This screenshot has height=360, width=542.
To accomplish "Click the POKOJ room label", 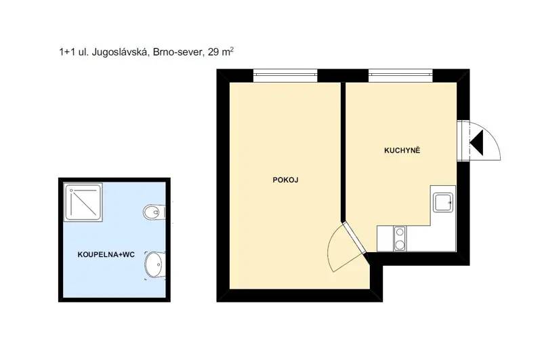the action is click(x=285, y=180).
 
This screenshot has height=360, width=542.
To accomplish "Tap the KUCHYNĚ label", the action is click(x=402, y=151).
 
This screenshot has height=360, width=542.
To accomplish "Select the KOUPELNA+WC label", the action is click(x=106, y=255).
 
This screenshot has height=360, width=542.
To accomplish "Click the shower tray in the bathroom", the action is click(x=83, y=202).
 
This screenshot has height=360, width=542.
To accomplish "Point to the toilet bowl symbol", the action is click(x=154, y=212).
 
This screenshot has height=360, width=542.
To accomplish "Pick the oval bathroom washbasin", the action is click(x=154, y=265).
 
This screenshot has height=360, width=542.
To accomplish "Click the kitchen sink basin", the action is click(x=443, y=202).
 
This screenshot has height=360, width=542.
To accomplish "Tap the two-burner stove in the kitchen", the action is click(x=400, y=238).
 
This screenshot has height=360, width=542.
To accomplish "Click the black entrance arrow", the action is click(x=477, y=142).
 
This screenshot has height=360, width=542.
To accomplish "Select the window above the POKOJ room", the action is click(x=285, y=76).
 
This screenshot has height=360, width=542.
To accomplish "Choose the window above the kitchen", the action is click(x=400, y=76).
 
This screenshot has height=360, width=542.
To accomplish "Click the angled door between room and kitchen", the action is click(x=354, y=239).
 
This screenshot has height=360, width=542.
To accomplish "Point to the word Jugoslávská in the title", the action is click(x=118, y=53).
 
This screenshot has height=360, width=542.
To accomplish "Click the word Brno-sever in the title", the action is click(x=176, y=53).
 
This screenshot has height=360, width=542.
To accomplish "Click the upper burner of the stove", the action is click(x=400, y=232).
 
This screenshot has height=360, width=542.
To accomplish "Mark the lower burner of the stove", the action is click(x=400, y=245).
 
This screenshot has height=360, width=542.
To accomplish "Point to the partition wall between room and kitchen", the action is click(x=343, y=151).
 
